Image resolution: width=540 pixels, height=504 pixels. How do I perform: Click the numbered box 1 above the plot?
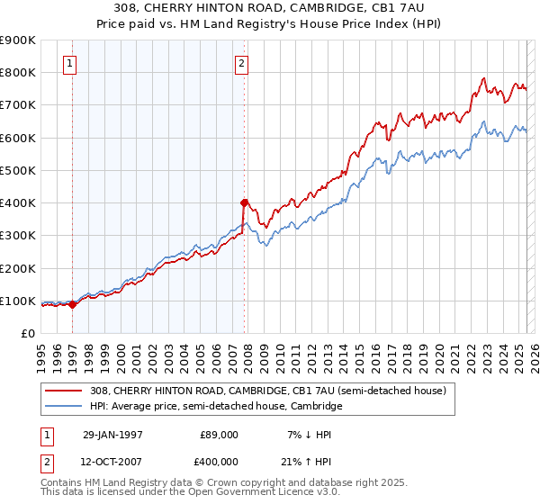[x=70, y=63]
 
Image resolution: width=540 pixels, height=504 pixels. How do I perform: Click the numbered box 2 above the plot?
[x=241, y=63]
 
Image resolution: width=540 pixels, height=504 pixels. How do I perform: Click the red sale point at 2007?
[x=244, y=202]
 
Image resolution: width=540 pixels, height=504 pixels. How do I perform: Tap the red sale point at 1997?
[x=73, y=304]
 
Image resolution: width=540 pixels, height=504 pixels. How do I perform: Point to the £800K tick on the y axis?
[x=20, y=72]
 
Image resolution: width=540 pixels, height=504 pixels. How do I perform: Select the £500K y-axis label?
[x=20, y=170]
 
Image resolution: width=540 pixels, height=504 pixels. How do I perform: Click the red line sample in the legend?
[x=65, y=391]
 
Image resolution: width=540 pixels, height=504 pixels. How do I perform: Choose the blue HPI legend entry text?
[x=216, y=407]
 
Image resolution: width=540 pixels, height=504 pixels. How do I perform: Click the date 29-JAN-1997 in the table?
[x=112, y=435]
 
